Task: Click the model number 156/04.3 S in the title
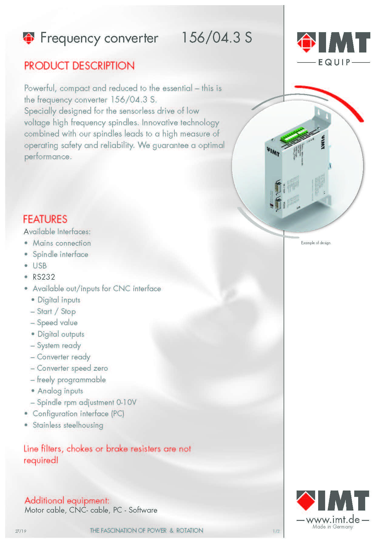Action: [217, 38]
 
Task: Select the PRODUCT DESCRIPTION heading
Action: [79, 66]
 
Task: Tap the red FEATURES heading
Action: [45, 219]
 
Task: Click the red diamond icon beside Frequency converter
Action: [29, 38]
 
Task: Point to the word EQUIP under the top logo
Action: [334, 62]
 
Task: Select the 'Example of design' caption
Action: [316, 243]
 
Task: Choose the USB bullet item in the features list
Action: [40, 266]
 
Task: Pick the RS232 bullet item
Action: [44, 277]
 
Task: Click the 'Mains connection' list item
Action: [62, 243]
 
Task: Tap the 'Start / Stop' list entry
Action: [56, 312]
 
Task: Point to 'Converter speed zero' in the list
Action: [72, 368]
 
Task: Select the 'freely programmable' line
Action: [71, 380]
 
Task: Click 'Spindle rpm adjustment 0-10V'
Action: [86, 403]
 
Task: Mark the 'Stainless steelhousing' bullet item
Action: [68, 425]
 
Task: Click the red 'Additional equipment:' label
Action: [67, 500]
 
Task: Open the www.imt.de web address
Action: [333, 520]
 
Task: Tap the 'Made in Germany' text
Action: [333, 527]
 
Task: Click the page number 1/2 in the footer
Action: [276, 531]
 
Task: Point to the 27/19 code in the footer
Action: [21, 531]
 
